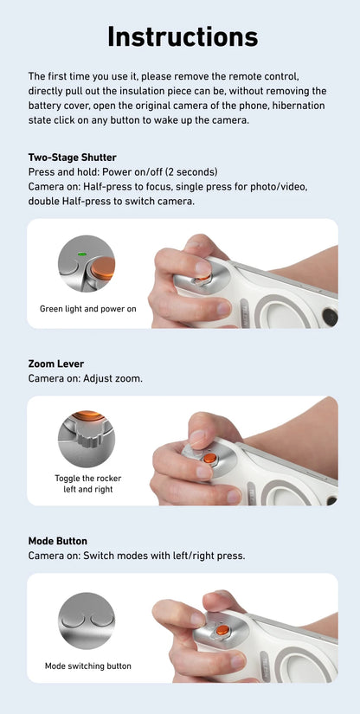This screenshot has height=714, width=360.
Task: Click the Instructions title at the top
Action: pyautogui.click(x=183, y=36)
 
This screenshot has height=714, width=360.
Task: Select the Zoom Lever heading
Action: pyautogui.click(x=56, y=364)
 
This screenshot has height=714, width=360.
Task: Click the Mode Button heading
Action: pyautogui.click(x=58, y=541)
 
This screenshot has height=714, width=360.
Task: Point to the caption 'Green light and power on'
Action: pyautogui.click(x=87, y=308)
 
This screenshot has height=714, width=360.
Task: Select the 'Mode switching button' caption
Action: pyautogui.click(x=87, y=666)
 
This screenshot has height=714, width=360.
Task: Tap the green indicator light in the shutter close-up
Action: pyautogui.click(x=80, y=254)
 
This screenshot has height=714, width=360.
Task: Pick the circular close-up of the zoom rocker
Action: pyautogui.click(x=86, y=439)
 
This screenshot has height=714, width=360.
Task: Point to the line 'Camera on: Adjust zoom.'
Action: pyautogui.click(x=86, y=379)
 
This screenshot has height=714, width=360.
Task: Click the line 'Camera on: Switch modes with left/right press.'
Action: pyautogui.click(x=137, y=556)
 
